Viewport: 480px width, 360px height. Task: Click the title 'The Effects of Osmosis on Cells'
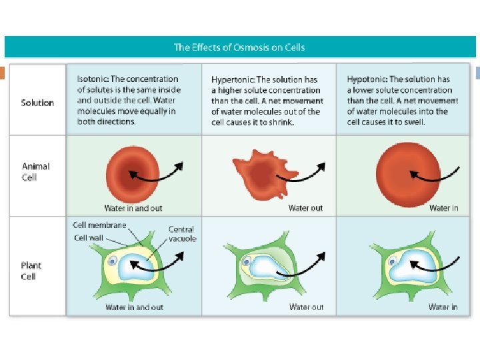(239, 47)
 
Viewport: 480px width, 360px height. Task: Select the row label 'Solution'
(37, 103)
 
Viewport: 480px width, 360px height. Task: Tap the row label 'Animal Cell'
(36, 172)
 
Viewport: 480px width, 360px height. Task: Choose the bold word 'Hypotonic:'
(367, 79)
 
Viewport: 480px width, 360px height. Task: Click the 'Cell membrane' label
(99, 225)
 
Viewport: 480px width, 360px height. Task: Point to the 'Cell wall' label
(89, 237)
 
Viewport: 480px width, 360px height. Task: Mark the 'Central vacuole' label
(182, 234)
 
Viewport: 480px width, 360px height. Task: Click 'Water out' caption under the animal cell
(305, 209)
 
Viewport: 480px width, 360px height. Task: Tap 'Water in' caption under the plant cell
(443, 307)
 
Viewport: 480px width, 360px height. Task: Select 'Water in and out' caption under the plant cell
(134, 307)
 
